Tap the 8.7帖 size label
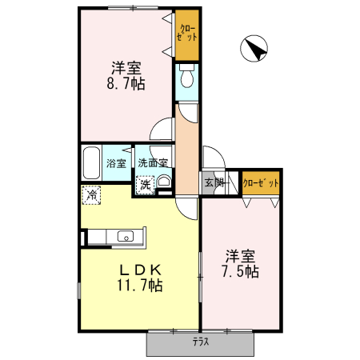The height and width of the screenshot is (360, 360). tap(127, 82)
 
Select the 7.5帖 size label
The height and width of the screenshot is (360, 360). tap(240, 271)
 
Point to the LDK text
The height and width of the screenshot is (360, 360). tap(142, 269)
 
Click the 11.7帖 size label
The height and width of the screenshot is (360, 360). tap(142, 285)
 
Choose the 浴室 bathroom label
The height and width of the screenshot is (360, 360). tap(116, 164)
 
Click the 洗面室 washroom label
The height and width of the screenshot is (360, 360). tap(152, 163)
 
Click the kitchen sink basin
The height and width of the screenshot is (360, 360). tap(125, 236)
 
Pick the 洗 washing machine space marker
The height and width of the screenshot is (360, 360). tap(145, 186)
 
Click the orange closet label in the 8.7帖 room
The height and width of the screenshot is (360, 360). tap(187, 35)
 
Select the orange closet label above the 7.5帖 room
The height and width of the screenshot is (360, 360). tap(261, 182)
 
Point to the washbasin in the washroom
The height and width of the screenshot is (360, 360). tap(163, 183)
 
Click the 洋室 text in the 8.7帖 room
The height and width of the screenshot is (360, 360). tap(127, 67)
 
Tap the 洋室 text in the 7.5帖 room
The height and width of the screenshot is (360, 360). tap(240, 256)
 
